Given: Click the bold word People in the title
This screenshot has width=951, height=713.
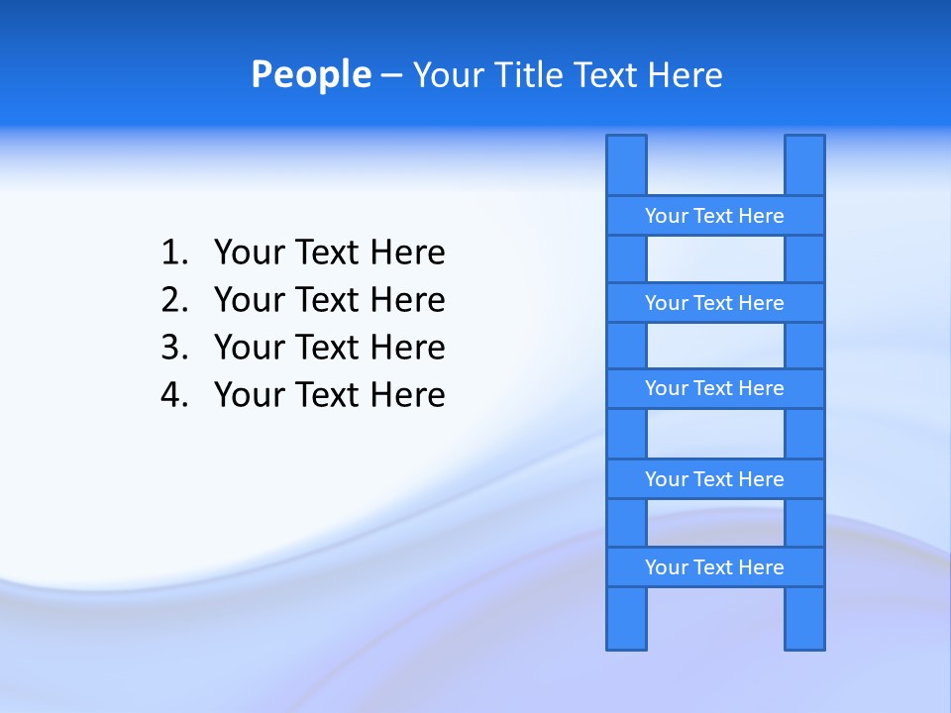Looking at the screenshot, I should [310, 74].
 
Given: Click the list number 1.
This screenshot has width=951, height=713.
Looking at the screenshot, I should [173, 254].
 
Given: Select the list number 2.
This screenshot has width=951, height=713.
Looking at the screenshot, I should [173, 300].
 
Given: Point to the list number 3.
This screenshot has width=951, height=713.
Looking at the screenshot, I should [173, 348].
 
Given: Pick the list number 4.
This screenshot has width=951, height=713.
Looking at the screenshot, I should [173, 395].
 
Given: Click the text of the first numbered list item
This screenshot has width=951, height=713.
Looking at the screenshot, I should [329, 254].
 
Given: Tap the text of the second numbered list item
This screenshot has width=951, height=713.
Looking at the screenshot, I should [329, 300].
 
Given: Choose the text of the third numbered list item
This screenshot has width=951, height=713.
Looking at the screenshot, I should [329, 348].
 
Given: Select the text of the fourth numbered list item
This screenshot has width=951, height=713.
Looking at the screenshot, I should [329, 395].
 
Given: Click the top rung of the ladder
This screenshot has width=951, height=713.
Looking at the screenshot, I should [714, 216].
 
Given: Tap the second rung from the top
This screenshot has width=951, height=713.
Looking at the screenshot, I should [714, 303].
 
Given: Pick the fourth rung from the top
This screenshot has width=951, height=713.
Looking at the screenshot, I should [714, 479].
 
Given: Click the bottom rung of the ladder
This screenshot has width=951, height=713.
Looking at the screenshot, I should [714, 567].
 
